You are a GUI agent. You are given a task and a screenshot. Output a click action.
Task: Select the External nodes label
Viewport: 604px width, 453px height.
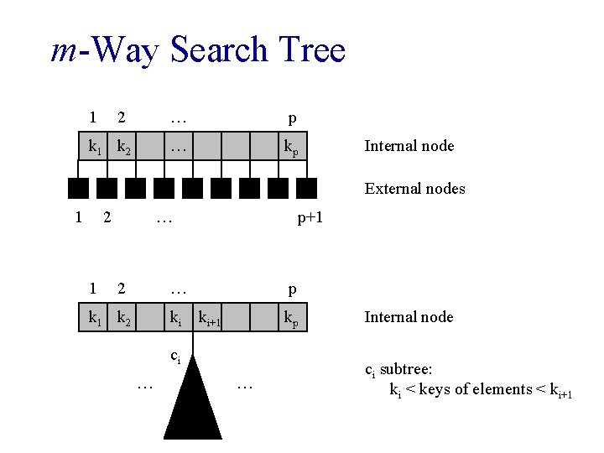point(414,189)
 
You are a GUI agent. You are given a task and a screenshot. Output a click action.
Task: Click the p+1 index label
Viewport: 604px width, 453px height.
point(310,219)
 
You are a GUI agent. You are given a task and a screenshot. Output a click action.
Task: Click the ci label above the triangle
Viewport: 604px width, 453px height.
point(175,356)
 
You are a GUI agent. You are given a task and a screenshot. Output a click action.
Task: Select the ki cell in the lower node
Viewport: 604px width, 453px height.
point(176,319)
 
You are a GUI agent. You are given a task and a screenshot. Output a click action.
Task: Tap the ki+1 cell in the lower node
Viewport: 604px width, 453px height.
point(208,319)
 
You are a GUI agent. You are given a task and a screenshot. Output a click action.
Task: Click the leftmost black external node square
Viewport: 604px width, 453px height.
point(78,188)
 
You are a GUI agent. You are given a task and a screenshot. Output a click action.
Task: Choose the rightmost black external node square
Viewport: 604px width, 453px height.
point(307,188)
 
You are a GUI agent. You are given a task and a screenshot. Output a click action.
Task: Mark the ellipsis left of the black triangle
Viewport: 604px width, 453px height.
point(144,385)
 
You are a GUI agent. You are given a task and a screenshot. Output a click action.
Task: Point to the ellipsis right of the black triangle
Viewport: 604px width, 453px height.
point(245,385)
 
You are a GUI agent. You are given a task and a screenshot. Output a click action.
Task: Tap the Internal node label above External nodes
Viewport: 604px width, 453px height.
point(409,146)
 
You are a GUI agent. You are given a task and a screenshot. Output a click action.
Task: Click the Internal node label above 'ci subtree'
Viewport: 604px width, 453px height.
point(409,317)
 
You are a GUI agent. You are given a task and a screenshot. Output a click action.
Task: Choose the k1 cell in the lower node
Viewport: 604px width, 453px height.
point(95,318)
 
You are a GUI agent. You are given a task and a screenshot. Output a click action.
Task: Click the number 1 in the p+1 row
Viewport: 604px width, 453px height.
point(78,219)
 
